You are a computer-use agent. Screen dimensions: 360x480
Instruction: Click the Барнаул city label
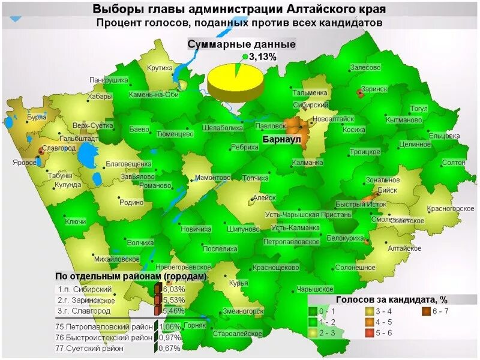coord(281,139)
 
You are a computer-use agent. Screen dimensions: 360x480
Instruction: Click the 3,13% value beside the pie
coord(263,56)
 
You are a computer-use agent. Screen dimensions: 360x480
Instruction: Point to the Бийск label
coord(388,190)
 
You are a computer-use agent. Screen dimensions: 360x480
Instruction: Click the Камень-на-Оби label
coord(154,95)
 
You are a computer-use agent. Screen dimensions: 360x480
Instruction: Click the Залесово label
coord(365,68)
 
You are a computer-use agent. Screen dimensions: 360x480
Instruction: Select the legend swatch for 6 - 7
coord(426,311)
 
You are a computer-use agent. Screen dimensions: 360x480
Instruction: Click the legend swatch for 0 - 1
coord(313,311)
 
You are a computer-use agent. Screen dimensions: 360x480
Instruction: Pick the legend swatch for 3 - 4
coord(370,311)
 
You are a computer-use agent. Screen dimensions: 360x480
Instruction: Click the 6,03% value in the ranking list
coord(174,289)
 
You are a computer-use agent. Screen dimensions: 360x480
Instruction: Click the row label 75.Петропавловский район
coord(104,327)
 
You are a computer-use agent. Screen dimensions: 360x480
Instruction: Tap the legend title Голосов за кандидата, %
coord(391,299)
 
